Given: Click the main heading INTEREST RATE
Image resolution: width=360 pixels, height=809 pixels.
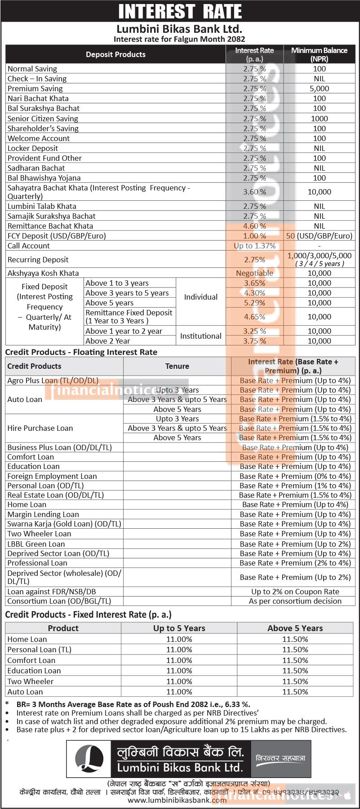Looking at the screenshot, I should (180, 11).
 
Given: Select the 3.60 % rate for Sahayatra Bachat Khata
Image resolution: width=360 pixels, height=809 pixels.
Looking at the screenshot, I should (254, 192).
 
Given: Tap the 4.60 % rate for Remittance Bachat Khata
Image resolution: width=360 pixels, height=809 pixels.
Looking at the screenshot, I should (254, 226).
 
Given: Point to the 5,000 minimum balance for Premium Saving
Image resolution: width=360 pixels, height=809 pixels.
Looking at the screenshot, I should (319, 88).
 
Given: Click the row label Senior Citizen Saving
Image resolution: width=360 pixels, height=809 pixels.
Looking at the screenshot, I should (43, 119).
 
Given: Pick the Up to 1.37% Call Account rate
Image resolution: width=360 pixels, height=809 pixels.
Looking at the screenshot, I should (254, 246).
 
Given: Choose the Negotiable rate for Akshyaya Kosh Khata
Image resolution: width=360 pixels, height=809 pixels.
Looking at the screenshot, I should (254, 273).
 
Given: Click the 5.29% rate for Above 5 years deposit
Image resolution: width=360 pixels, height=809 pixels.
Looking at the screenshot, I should (254, 303).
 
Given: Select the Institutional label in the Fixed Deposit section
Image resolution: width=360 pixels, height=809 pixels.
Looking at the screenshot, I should (200, 336).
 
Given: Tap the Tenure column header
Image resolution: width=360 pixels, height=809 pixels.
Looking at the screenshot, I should (177, 366).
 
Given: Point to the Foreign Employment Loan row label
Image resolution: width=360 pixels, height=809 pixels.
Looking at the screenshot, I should (52, 476).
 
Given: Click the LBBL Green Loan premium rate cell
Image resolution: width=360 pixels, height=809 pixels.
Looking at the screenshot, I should (295, 544).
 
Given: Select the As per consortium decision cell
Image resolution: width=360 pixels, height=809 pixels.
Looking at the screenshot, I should (295, 601).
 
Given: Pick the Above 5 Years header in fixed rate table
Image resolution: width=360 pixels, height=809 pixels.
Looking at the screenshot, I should (295, 628).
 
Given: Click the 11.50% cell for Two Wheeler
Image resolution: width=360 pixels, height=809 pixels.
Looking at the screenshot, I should (295, 681).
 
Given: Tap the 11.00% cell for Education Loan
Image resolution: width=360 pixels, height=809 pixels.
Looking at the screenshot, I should (179, 671).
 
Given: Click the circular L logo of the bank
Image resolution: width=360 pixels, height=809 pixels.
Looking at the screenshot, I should (89, 759).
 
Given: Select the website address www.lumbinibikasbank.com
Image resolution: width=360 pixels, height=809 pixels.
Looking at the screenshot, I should (177, 800).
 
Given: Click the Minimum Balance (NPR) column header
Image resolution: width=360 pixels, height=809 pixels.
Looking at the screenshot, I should (319, 54).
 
